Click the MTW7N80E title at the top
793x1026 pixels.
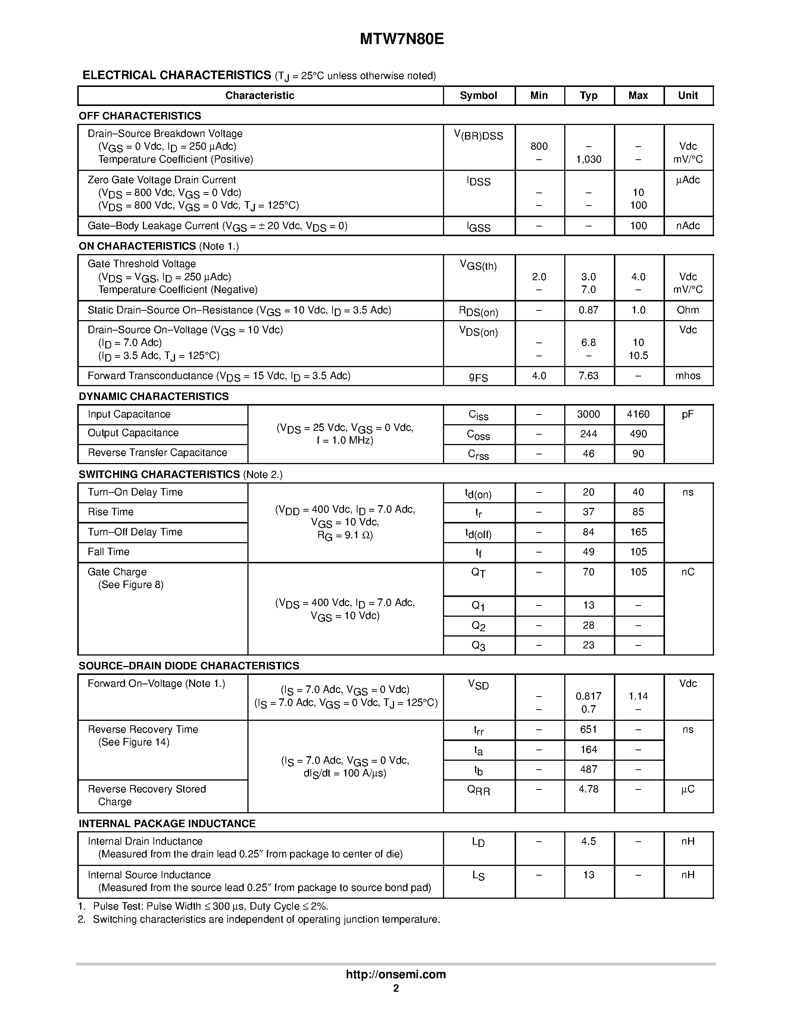point(402,40)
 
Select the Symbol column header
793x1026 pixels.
point(478,96)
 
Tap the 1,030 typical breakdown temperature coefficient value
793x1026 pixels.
point(588,160)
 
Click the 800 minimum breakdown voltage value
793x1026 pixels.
point(539,147)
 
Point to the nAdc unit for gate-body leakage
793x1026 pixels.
point(688,226)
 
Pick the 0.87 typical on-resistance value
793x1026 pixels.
point(588,310)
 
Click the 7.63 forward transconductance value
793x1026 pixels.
point(588,376)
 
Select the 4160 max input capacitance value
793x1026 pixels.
point(638,415)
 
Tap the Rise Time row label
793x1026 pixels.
point(111,512)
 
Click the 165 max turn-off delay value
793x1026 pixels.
point(638,532)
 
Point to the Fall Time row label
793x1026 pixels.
point(109,552)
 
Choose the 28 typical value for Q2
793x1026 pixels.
point(588,626)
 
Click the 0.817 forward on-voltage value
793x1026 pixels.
point(588,696)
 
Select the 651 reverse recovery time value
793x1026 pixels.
point(588,729)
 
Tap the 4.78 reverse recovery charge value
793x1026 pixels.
point(588,789)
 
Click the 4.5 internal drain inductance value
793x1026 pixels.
point(588,841)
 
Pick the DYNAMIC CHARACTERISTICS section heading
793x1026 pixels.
point(154,397)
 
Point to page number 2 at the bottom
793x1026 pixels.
point(396,988)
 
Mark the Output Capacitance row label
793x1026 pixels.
point(133,433)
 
